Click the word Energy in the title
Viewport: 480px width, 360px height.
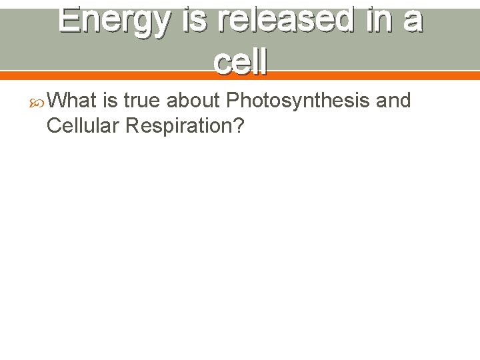click(113, 20)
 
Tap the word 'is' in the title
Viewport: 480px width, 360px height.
click(198, 20)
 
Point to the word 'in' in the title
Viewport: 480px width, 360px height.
click(378, 20)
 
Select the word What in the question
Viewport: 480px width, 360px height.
click(73, 101)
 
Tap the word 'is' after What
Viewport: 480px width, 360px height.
click(111, 101)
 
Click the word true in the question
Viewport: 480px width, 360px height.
click(142, 101)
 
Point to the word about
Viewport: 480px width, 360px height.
click(193, 101)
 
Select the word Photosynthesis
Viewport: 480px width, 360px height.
click(298, 101)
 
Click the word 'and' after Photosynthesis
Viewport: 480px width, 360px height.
click(393, 101)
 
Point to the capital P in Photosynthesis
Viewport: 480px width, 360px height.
click(233, 101)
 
